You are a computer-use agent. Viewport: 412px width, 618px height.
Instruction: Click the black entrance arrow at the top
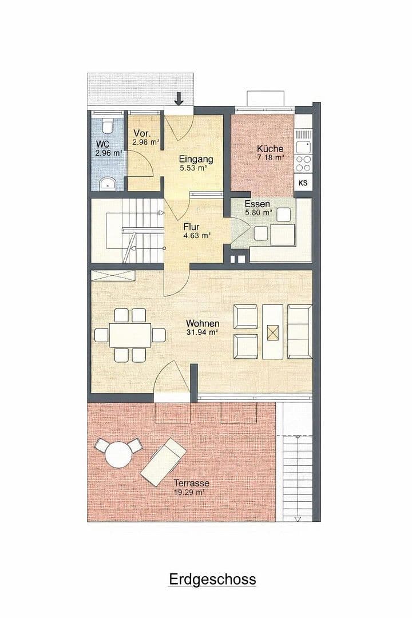click(x=179, y=99)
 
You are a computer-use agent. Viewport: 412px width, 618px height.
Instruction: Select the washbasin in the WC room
click(x=107, y=183)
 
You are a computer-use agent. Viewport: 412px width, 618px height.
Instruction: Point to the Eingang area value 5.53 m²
click(x=193, y=169)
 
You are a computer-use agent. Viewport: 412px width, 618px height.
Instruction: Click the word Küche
click(x=271, y=148)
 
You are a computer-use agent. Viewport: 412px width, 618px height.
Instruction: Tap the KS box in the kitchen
click(x=303, y=183)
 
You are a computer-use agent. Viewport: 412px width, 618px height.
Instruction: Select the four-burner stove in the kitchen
click(x=303, y=163)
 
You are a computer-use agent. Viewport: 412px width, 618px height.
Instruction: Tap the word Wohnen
click(x=202, y=323)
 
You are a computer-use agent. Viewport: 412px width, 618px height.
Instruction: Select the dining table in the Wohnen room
click(x=130, y=335)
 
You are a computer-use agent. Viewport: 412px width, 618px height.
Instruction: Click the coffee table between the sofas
click(x=273, y=332)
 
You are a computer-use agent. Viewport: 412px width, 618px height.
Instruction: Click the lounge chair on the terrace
click(x=163, y=460)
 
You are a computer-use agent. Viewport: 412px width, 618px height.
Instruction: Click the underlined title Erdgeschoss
click(x=212, y=579)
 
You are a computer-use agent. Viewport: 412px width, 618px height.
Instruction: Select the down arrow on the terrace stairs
click(x=297, y=518)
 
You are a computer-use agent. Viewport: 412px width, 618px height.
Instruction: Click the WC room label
click(x=103, y=144)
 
